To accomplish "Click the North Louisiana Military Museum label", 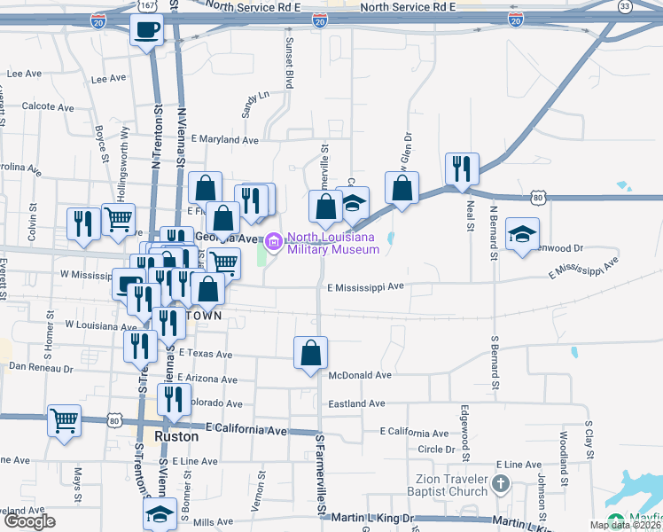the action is pyautogui.click(x=332, y=243).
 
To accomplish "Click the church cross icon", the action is pyautogui.click(x=501, y=484).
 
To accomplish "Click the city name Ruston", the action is pyautogui.click(x=176, y=437).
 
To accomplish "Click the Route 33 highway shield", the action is pyautogui.click(x=626, y=7).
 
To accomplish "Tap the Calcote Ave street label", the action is pyautogui.click(x=45, y=106).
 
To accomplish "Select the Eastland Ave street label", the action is pyautogui.click(x=356, y=403).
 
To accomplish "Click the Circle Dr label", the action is pyautogui.click(x=436, y=450).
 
